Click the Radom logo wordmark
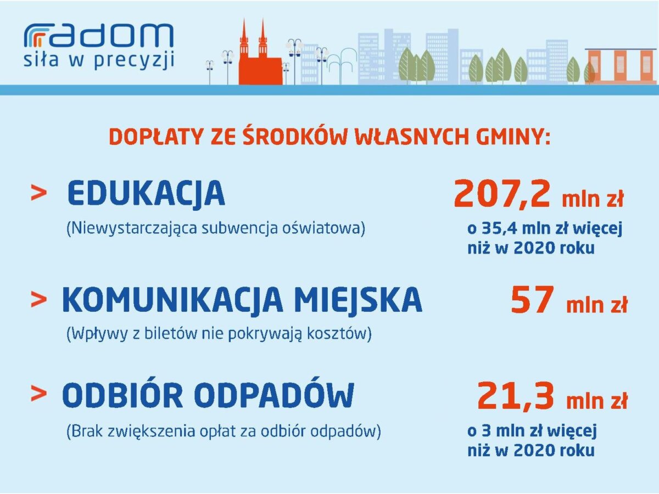pyautogui.click(x=99, y=35)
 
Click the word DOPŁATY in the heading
pyautogui.click(x=156, y=137)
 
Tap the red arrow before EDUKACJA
pyautogui.click(x=39, y=192)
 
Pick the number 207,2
pyautogui.click(x=502, y=194)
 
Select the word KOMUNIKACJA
pyautogui.click(x=172, y=300)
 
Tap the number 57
pyautogui.click(x=532, y=300)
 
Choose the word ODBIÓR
pyautogui.click(x=122, y=395)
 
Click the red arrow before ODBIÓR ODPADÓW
pyautogui.click(x=39, y=393)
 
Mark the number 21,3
pyautogui.click(x=515, y=396)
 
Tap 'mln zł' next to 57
pyautogui.click(x=596, y=305)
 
